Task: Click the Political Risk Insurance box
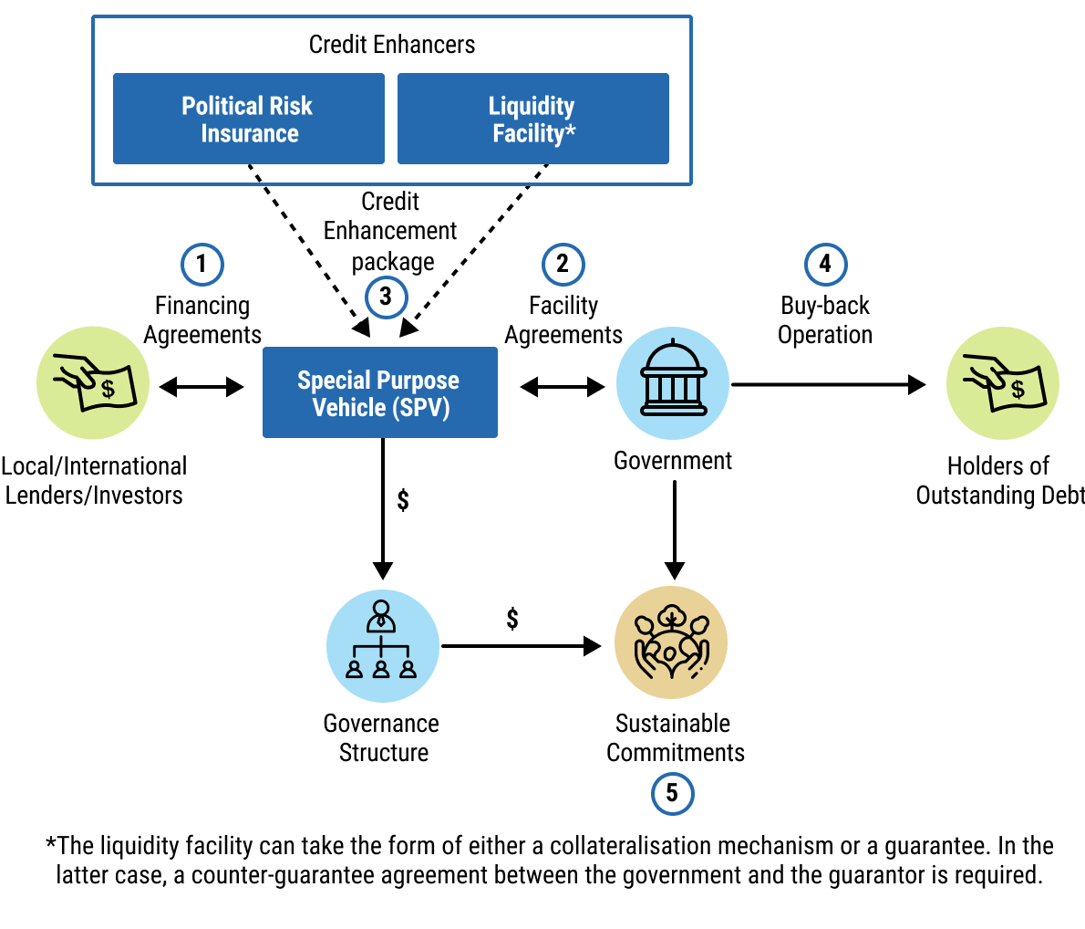248,119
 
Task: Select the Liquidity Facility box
532,119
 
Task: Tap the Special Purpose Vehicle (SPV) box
379,393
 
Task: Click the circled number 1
201,265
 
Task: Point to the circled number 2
563,265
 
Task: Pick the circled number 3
386,297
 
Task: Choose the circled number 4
825,265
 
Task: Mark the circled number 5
672,793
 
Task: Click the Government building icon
673,383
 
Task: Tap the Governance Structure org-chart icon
382,645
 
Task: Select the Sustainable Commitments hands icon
671,643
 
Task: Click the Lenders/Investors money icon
93,383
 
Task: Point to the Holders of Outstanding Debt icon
1002,383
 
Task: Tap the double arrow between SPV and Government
563,387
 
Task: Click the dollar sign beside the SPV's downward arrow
403,499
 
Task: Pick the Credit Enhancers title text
392,45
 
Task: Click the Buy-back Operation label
825,320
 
